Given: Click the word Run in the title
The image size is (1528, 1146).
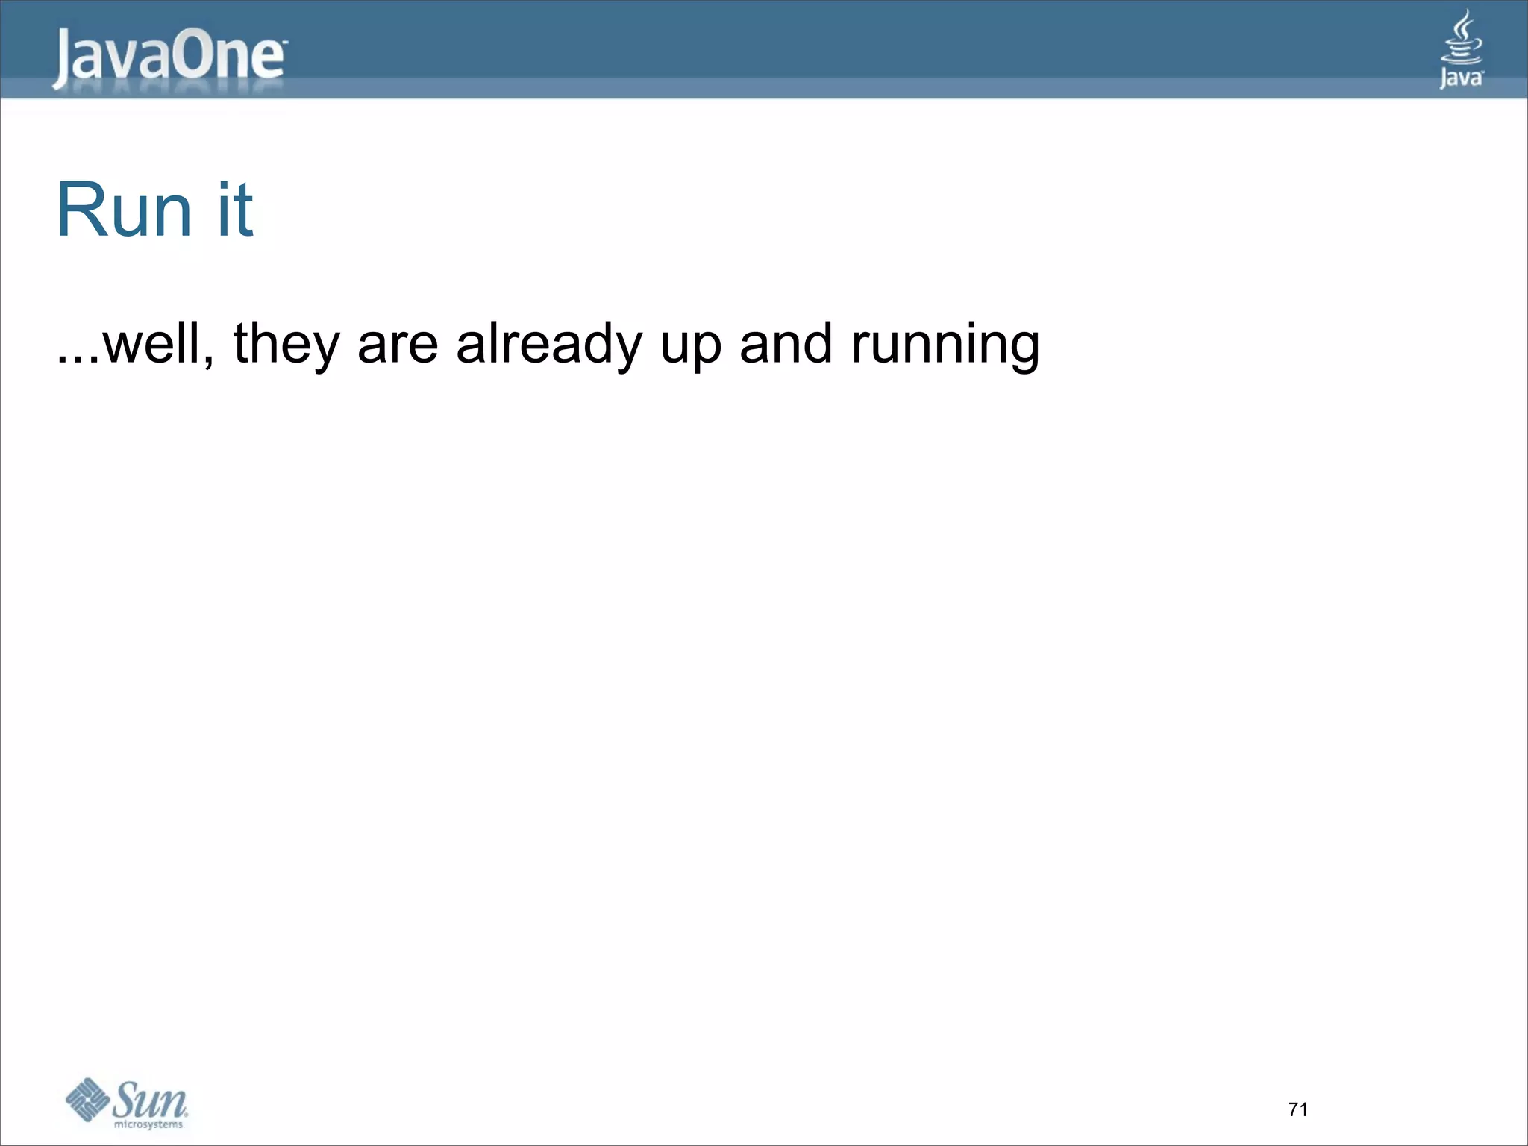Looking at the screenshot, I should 124,210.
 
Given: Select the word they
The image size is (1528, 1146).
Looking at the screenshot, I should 286,345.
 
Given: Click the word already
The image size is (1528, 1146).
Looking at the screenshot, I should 549,345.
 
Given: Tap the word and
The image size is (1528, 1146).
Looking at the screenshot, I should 786,344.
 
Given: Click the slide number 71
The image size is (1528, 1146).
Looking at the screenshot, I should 1298,1109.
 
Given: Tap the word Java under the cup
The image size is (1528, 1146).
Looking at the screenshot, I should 1461,78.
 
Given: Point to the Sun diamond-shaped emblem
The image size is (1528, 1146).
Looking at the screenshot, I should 88,1099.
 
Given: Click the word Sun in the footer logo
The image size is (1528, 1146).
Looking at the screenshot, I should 150,1099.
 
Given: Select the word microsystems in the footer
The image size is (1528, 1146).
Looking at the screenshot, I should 148,1124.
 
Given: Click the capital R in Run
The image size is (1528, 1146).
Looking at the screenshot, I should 81,210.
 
